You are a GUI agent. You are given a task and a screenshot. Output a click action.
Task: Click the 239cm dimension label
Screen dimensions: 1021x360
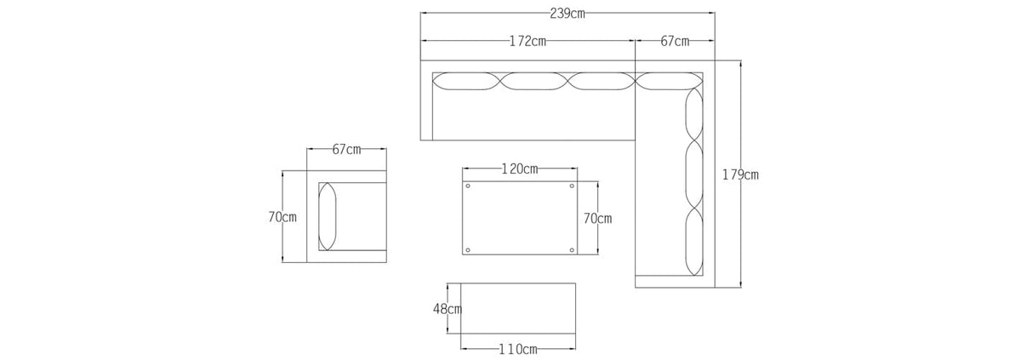[567, 14]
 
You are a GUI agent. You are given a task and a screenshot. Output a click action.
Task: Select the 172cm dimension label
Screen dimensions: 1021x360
[528, 42]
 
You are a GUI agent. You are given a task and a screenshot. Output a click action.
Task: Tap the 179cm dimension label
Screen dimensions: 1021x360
[740, 175]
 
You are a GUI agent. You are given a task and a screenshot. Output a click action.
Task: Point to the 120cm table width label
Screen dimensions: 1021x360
[520, 169]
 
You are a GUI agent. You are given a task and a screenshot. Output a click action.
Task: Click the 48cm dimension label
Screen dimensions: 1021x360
[448, 309]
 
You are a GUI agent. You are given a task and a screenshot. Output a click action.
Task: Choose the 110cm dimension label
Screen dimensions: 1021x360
[518, 350]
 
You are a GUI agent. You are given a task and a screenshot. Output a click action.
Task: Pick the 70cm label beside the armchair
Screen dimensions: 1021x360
[282, 217]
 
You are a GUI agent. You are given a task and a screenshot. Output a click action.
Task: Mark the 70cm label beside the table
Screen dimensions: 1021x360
[597, 219]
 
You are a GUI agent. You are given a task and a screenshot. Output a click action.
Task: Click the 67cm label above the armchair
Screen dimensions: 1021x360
[346, 150]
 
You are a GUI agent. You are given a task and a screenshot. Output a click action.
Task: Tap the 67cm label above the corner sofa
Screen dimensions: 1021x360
[675, 42]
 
